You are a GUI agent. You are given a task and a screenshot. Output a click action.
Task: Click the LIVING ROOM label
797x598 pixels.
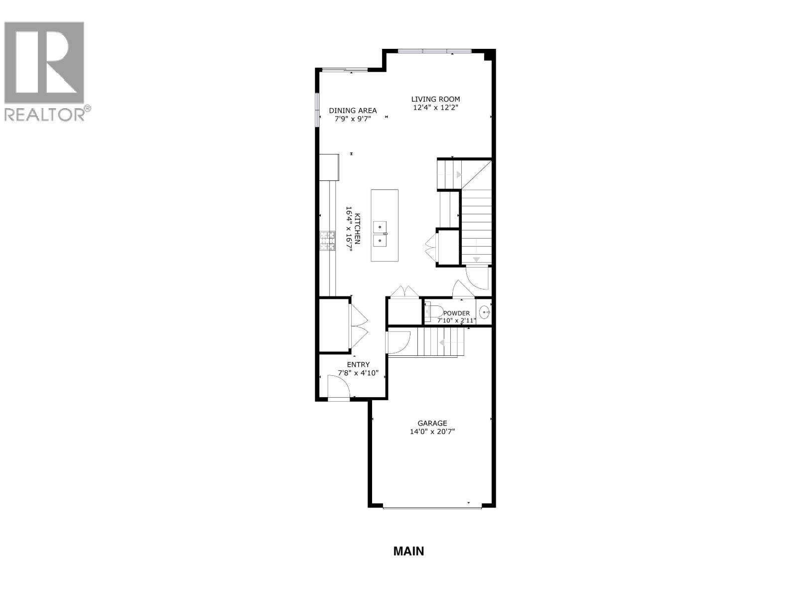click(x=435, y=99)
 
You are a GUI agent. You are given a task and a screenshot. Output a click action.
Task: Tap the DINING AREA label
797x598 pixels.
click(x=353, y=111)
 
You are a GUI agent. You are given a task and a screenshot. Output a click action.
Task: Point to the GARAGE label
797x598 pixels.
click(x=432, y=424)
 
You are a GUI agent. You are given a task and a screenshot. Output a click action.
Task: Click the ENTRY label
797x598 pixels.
click(x=358, y=365)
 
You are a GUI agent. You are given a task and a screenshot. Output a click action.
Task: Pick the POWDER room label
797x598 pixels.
click(x=456, y=313)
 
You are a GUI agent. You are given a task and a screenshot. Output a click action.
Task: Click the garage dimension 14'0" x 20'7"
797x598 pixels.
click(x=432, y=432)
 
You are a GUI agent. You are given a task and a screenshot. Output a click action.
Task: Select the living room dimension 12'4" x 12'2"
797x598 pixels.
click(x=435, y=108)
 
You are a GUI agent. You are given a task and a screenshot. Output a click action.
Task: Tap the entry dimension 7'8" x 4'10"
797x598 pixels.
click(x=358, y=373)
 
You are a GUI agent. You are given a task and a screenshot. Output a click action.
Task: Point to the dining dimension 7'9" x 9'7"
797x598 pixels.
click(x=353, y=119)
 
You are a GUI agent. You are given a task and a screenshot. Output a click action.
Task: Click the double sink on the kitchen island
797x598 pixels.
click(x=381, y=234)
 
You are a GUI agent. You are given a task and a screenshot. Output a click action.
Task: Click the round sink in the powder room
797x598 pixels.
click(x=484, y=312)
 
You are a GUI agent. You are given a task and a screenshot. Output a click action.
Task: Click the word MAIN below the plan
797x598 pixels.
click(x=408, y=551)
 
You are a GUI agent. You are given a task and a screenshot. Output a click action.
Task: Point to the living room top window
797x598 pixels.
click(x=434, y=50)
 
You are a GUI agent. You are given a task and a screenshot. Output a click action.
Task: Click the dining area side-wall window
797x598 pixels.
click(x=317, y=110)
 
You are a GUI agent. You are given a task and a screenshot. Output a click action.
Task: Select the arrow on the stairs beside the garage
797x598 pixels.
click(x=441, y=342)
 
